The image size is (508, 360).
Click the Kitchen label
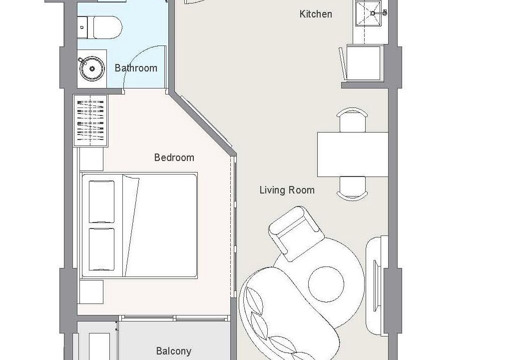tap(316, 14)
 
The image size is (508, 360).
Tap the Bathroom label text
tap(136, 68)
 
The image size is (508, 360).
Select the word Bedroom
tap(174, 157)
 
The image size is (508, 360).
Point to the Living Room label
tap(287, 189)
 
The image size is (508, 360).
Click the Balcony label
tap(174, 351)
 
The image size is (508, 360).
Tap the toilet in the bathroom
tap(100, 27)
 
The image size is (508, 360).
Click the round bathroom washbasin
tap(92, 69)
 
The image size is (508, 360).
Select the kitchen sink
tap(368, 13)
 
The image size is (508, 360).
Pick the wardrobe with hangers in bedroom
tap(91, 120)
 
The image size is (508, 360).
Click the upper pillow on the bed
tap(101, 201)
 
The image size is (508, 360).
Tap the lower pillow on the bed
tap(101, 249)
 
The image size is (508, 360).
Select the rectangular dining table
tap(353, 154)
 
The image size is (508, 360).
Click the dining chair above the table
tap(352, 120)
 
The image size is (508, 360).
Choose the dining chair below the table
tap(352, 188)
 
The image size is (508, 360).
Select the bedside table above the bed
tap(91, 159)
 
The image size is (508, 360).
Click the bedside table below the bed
tap(91, 292)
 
